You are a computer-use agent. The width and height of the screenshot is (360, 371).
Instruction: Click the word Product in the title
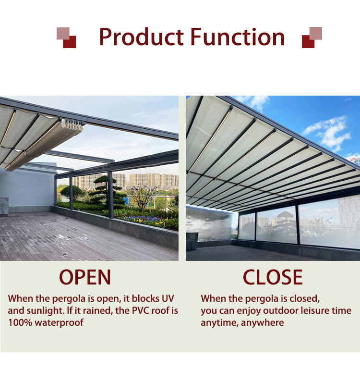[x=141, y=37]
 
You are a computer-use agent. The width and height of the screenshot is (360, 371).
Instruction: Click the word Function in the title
[x=238, y=37]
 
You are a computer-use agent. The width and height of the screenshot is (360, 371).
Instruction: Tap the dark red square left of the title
[x=70, y=42]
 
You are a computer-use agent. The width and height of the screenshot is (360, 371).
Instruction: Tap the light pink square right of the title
[x=316, y=33]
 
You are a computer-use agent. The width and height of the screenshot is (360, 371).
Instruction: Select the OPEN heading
[x=85, y=277]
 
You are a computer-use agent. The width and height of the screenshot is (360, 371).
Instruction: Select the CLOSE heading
[x=273, y=277]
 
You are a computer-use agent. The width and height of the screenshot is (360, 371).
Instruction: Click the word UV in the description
[x=168, y=298]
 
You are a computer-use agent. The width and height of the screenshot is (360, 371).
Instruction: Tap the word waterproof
[x=59, y=323]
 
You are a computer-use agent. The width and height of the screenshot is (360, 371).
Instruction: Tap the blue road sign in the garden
[x=125, y=201]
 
